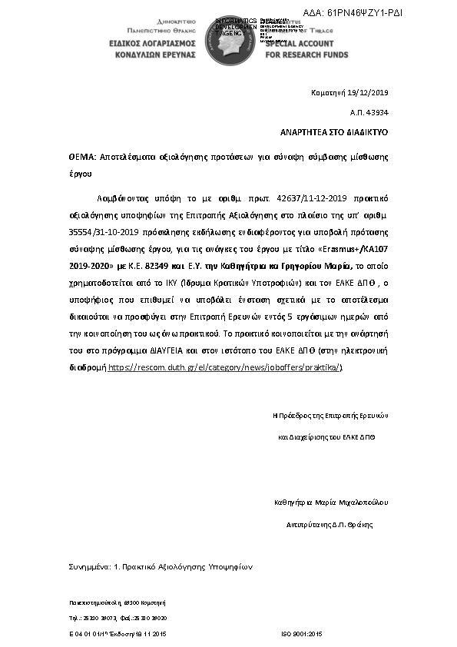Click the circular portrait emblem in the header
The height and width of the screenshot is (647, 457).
click(229, 37)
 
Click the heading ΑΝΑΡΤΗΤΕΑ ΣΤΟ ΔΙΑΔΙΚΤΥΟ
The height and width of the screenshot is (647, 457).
click(333, 132)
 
